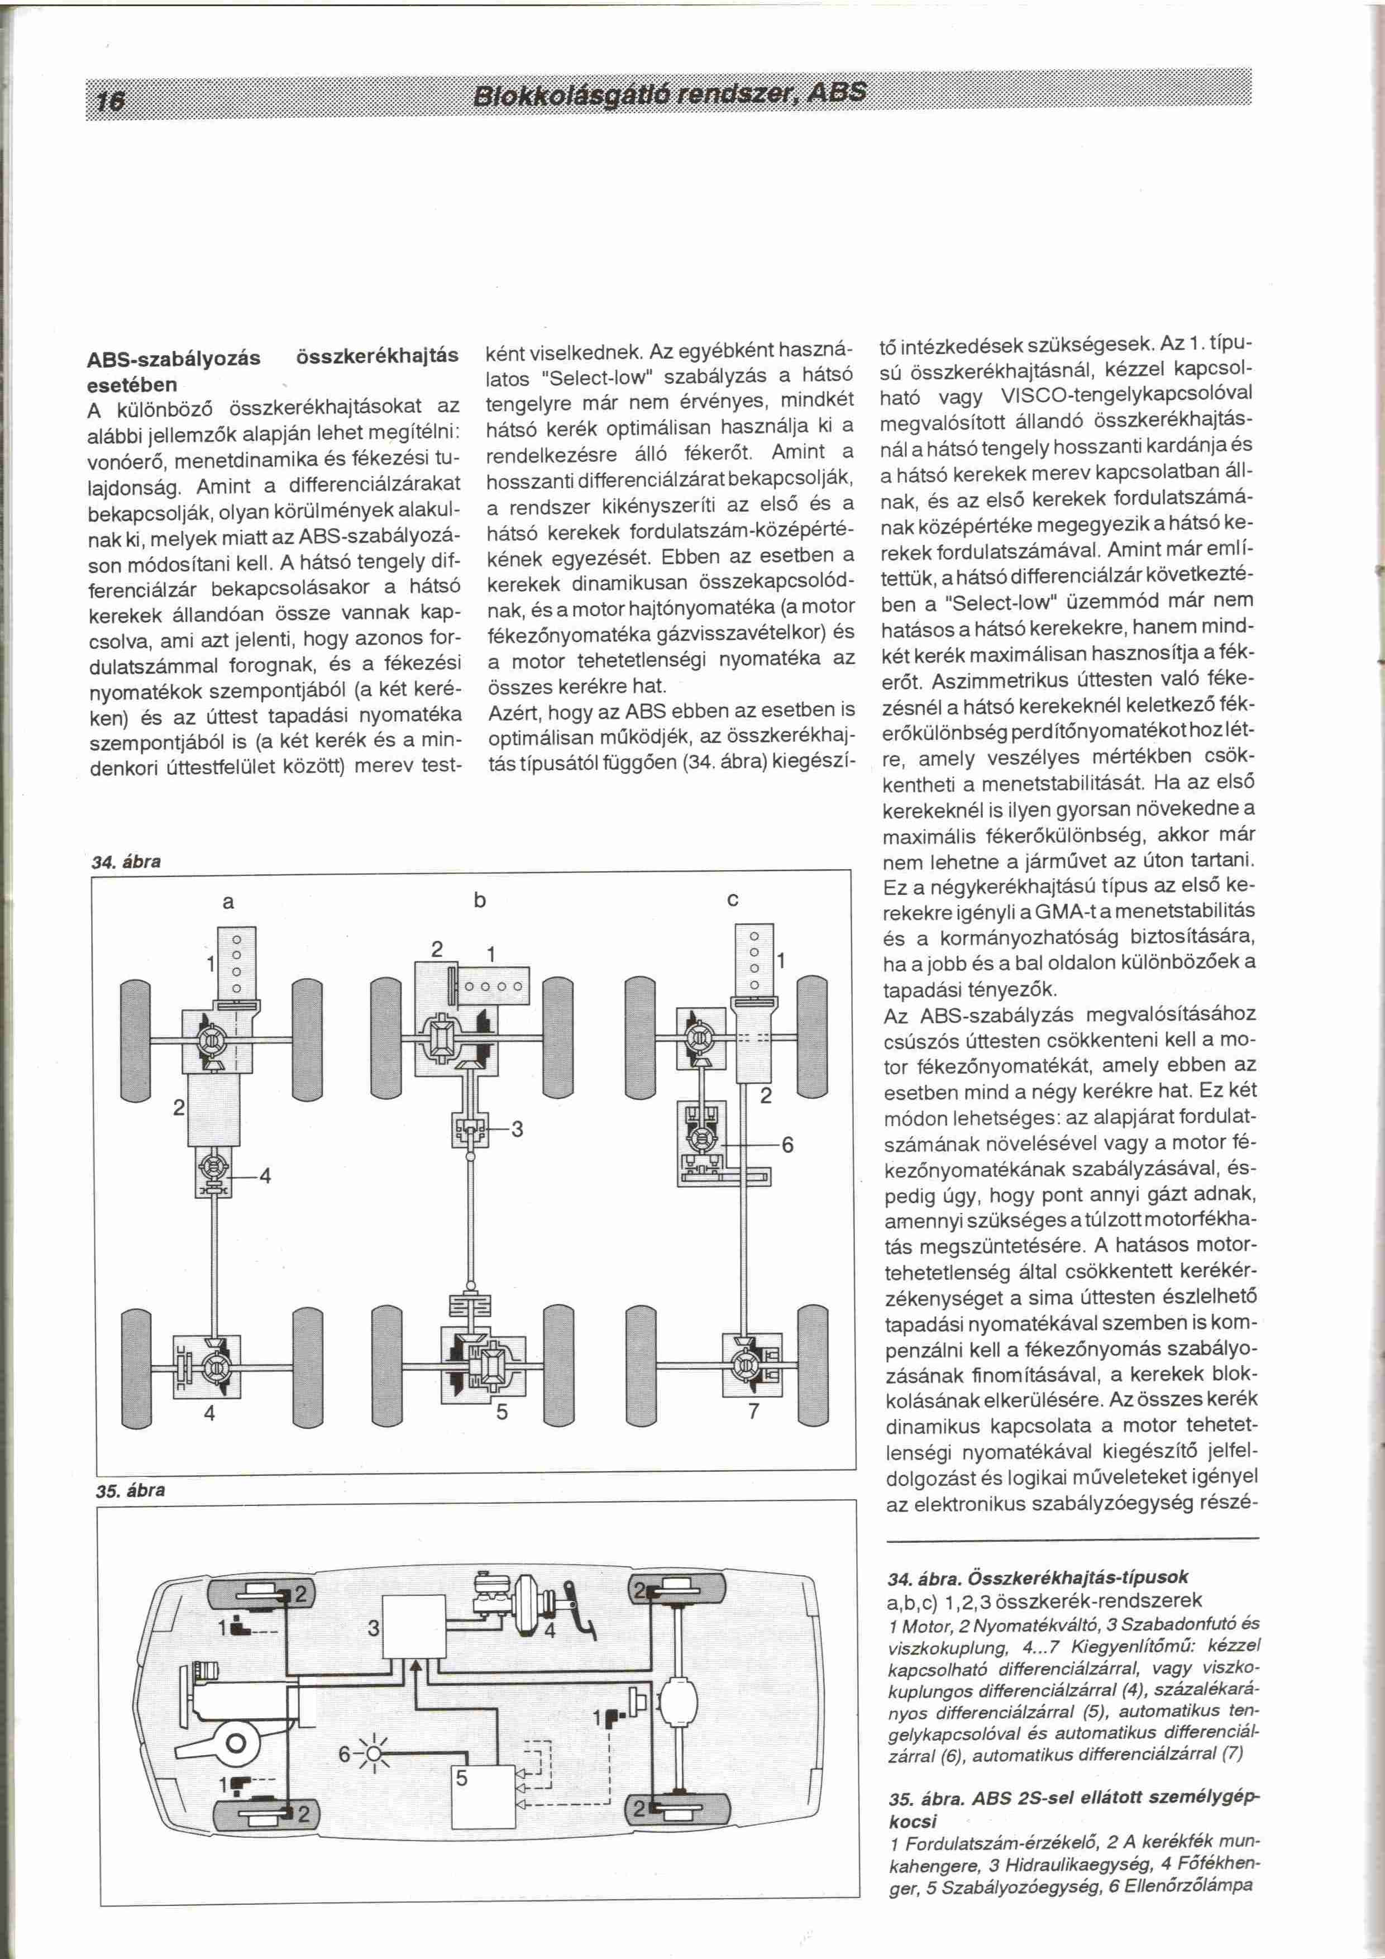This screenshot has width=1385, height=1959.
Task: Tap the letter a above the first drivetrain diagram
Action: (x=228, y=902)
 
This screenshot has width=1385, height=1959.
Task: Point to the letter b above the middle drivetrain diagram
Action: (x=479, y=900)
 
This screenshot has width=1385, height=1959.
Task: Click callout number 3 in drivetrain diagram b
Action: (x=517, y=1131)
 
